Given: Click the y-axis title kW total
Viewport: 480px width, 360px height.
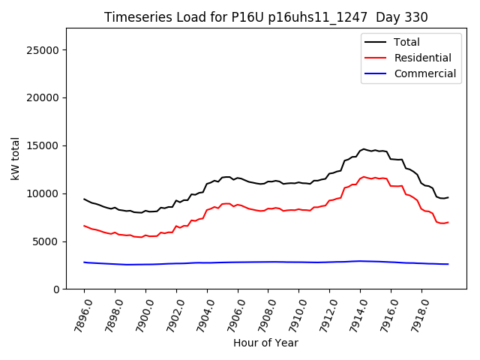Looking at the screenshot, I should pyautogui.click(x=16, y=158).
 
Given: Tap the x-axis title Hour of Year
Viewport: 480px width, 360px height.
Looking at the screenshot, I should pyautogui.click(x=265, y=343).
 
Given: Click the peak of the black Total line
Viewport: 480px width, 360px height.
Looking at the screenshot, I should pyautogui.click(x=364, y=149).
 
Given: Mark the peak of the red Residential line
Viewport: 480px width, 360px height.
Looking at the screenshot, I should pyautogui.click(x=364, y=177).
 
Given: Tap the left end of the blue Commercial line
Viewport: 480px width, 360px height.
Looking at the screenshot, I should pyautogui.click(x=84, y=262).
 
